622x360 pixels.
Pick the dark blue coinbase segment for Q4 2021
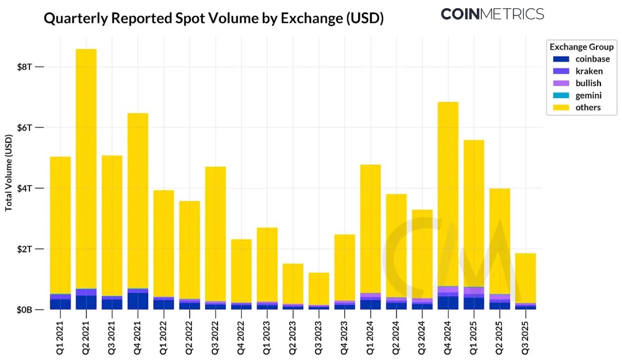(138, 301)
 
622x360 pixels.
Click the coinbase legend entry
(592, 59)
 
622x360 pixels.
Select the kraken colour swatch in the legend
(561, 71)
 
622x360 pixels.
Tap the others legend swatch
(561, 107)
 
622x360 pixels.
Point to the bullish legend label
(588, 83)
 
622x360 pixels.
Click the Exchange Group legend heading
(582, 47)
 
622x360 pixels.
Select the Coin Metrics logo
(492, 14)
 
